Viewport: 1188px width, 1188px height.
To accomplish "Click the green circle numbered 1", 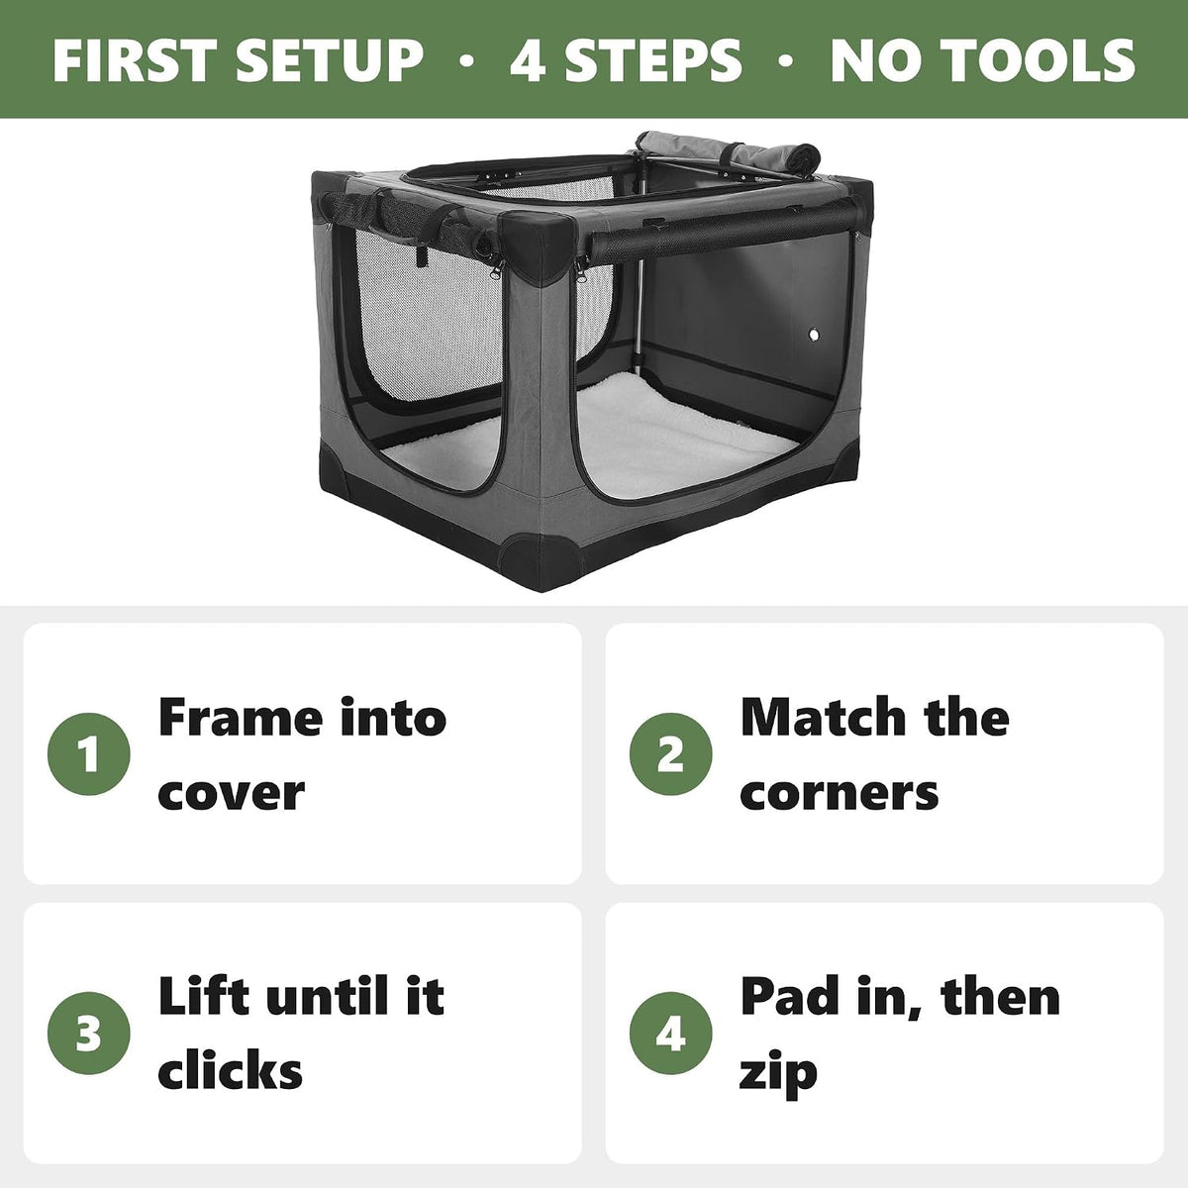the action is click(89, 754).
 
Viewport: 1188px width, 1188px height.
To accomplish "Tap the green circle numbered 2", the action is click(671, 754).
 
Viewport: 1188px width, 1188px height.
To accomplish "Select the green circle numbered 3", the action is click(89, 1034).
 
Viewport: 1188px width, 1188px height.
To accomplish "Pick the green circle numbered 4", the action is click(671, 1034).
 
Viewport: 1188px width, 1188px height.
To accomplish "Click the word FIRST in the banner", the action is click(135, 59).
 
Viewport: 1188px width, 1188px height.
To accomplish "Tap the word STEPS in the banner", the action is click(652, 59).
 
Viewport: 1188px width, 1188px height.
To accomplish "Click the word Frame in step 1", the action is click(241, 717).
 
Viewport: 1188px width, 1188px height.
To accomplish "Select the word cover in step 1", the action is click(232, 794).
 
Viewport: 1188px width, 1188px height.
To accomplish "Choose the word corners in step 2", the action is click(840, 794).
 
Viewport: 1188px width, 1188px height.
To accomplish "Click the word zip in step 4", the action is click(778, 1073).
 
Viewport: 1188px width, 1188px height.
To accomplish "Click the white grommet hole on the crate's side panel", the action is click(814, 335).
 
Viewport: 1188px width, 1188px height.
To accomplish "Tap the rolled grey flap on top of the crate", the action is click(728, 150).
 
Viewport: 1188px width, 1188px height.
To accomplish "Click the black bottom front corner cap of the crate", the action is click(542, 561).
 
